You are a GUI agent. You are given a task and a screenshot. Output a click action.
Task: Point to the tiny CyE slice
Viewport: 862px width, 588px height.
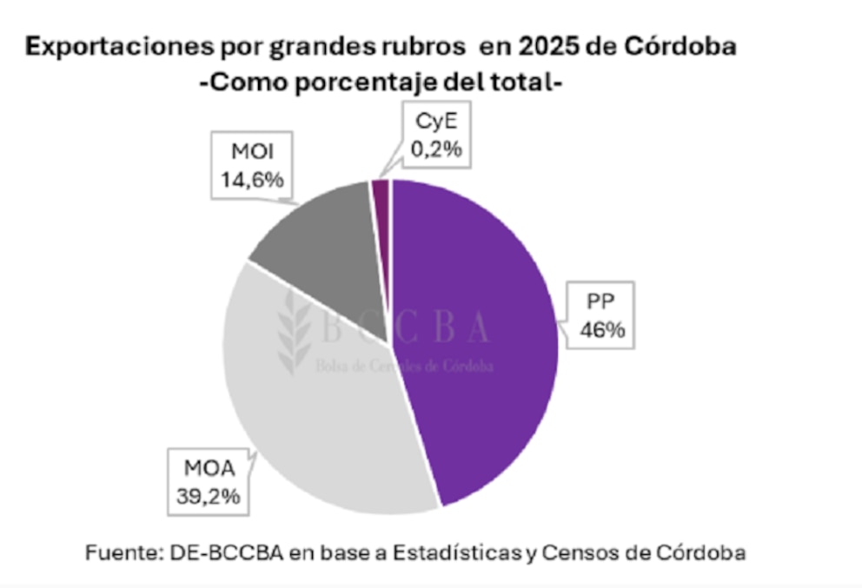(x=380, y=191)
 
